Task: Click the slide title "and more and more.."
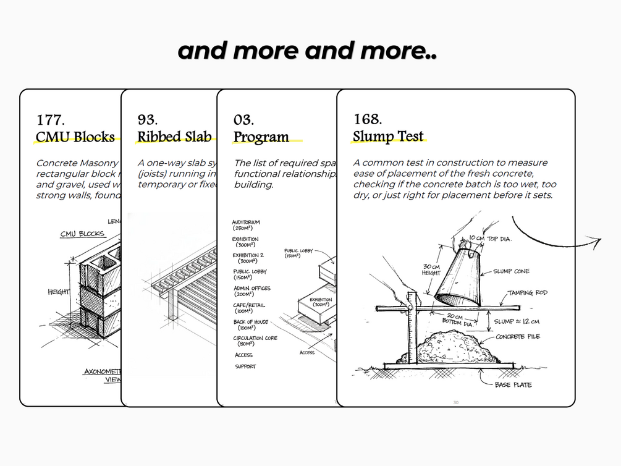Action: tap(307, 51)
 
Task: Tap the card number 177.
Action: tap(50, 119)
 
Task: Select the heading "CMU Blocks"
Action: tap(75, 137)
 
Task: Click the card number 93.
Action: tap(147, 119)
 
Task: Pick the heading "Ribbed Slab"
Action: tap(174, 137)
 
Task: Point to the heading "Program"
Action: tap(261, 137)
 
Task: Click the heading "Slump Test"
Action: tap(388, 136)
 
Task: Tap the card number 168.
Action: tap(368, 119)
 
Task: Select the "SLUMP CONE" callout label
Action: tap(511, 271)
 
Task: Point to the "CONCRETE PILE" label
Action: tap(518, 337)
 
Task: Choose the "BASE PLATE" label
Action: tap(513, 385)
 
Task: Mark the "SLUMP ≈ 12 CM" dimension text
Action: tap(518, 321)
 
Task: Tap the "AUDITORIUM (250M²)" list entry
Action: tap(246, 225)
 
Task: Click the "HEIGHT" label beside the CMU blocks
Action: tap(59, 292)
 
